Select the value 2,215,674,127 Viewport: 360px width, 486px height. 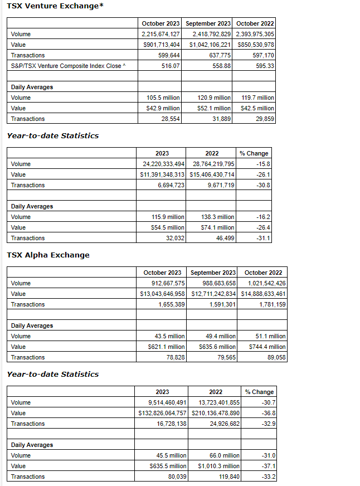(x=160, y=34)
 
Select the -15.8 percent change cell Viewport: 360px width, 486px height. (x=262, y=164)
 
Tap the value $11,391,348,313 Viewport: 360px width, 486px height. (x=162, y=174)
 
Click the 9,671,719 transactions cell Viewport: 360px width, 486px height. (x=218, y=185)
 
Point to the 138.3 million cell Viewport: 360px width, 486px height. (x=218, y=217)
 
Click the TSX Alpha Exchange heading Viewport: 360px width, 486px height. (x=48, y=255)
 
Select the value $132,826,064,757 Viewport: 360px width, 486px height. (x=162, y=413)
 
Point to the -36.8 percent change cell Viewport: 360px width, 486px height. (x=269, y=413)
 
